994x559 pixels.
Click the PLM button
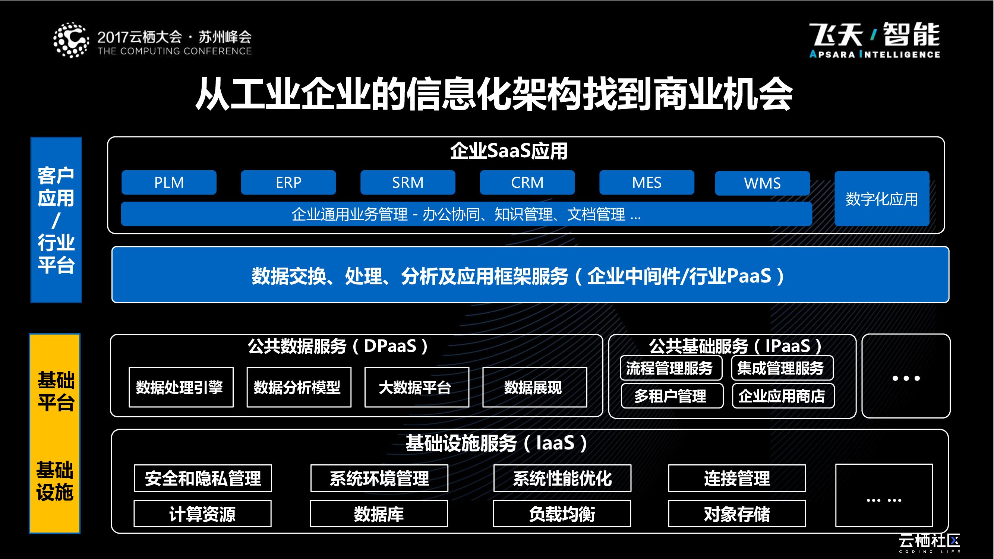point(169,183)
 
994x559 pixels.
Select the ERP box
point(288,183)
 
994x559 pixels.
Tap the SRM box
point(407,183)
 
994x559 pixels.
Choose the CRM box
point(527,183)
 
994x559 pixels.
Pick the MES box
point(646,183)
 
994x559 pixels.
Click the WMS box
point(762,183)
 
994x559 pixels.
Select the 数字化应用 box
point(882,199)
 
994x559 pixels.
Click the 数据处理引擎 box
point(181,387)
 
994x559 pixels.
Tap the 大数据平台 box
point(417,387)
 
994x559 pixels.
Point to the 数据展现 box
point(534,387)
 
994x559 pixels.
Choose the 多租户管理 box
point(672,396)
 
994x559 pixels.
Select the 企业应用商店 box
point(783,396)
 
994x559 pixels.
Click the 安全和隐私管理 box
point(203,479)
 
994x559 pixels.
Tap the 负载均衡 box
point(562,514)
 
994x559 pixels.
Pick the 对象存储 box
point(736,514)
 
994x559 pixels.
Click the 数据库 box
point(379,514)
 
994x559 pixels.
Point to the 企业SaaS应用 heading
point(509,151)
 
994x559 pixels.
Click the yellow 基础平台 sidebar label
point(56,391)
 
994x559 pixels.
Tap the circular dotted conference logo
point(71,40)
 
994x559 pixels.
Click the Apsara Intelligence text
point(874,55)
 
